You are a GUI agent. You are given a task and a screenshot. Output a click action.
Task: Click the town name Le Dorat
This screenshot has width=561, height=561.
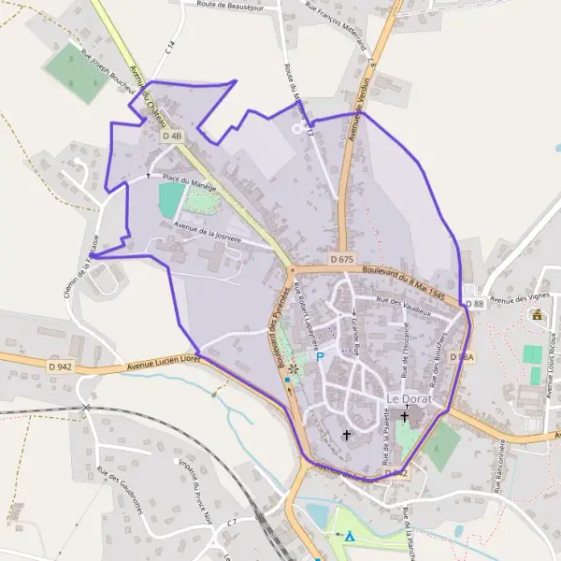pos(408,400)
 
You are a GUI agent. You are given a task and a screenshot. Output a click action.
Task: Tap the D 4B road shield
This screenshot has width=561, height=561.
pos(171,137)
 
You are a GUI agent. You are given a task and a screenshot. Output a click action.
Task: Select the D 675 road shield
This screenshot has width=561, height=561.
pos(342,258)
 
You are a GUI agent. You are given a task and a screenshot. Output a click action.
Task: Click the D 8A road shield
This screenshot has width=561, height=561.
pos(461,357)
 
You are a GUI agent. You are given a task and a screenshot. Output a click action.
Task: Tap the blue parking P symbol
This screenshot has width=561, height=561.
pos(320,356)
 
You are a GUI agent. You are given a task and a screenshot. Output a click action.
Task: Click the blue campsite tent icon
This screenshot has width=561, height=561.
pos(350,537)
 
